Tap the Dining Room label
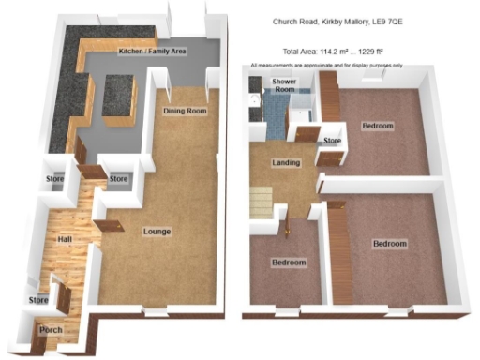[184, 112]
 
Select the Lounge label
[157, 230]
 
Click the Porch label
[50, 330]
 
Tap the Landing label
[286, 162]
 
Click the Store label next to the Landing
[333, 141]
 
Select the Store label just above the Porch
[37, 300]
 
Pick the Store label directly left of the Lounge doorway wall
[118, 178]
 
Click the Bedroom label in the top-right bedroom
[378, 125]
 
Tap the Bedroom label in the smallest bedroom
[289, 262]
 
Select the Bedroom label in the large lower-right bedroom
[389, 243]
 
